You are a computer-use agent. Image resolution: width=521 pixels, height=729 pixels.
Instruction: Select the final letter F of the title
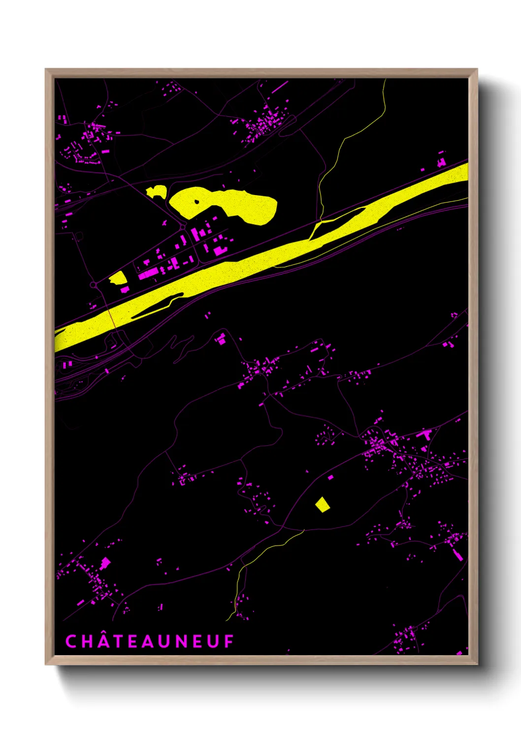click(x=229, y=641)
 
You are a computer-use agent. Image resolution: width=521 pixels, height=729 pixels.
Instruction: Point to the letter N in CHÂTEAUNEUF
click(x=182, y=641)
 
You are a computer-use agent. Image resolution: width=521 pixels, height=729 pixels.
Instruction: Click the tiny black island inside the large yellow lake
click(x=196, y=201)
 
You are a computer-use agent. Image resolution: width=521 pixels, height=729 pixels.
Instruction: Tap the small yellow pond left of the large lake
click(x=157, y=192)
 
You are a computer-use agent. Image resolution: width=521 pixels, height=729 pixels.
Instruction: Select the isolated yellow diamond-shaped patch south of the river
click(x=322, y=504)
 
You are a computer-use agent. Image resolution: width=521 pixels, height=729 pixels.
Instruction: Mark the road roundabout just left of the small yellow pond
click(x=93, y=285)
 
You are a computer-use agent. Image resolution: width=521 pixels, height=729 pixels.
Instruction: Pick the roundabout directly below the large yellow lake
click(x=183, y=227)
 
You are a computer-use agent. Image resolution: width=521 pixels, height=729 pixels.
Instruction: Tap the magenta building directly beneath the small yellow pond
click(x=125, y=290)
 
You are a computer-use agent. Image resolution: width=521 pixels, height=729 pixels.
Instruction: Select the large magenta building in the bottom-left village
click(x=105, y=563)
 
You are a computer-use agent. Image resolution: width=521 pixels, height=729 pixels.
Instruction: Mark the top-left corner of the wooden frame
click(x=46, y=69)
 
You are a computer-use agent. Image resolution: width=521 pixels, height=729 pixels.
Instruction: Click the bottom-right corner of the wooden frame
click(x=477, y=664)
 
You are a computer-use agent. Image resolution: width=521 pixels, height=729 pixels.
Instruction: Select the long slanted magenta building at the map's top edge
click(x=280, y=87)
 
